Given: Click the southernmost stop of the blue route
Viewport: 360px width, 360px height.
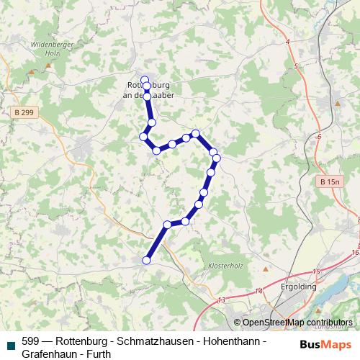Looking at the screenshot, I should coord(147,261).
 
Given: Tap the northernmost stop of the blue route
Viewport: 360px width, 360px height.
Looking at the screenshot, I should coord(145,79).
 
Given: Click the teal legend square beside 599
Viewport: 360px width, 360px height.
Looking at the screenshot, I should coord(9,343).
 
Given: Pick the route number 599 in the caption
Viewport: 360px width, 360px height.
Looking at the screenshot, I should coord(30,342).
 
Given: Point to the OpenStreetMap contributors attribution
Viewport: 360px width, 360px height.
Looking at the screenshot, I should coord(292,323).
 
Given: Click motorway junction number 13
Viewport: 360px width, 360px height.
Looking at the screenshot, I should coord(222,300).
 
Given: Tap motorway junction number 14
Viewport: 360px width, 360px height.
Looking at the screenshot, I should coord(258,291).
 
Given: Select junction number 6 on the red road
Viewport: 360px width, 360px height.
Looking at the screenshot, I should coord(318,136).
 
